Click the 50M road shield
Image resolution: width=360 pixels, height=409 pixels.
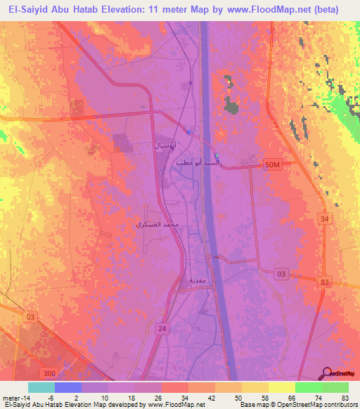(x=274, y=164)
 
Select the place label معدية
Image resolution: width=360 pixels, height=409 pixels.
(x=197, y=280)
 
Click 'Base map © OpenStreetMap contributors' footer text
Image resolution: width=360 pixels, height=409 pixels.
(x=298, y=405)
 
